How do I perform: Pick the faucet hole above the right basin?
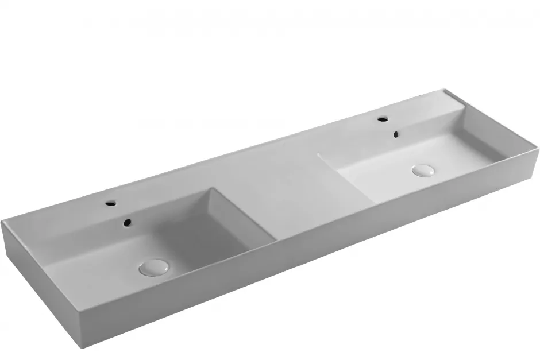381,119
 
